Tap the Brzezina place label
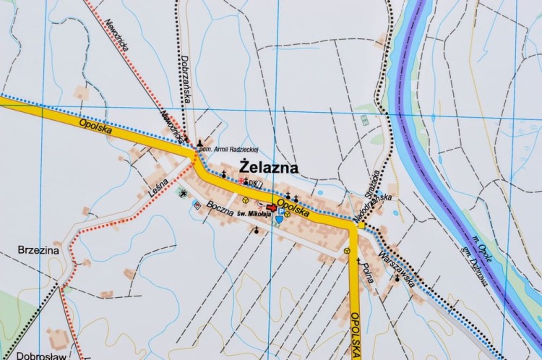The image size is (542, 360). point(38,250)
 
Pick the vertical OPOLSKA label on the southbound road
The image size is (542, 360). point(356,333)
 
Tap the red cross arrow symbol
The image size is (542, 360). point(271,207)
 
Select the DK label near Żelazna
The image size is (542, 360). point(253,182)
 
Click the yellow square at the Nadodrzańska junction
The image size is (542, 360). point(361,226)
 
